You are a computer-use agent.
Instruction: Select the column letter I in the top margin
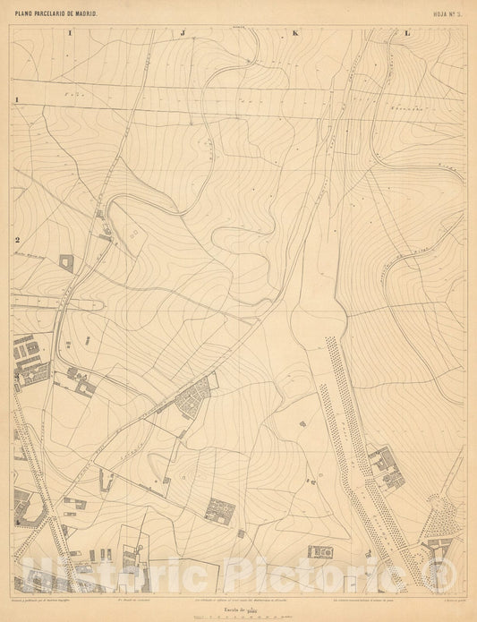point(69,33)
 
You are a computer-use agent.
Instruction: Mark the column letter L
point(408,33)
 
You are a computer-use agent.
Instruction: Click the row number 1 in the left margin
point(16,99)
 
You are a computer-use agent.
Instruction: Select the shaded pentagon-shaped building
point(67,262)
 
